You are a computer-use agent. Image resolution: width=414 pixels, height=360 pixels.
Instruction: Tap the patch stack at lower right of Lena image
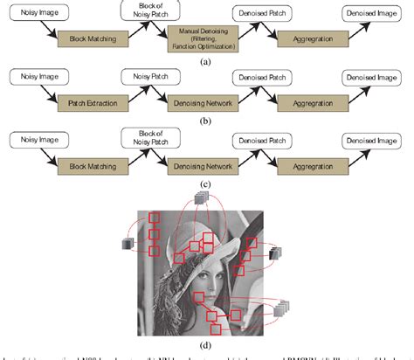pos(281,308)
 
